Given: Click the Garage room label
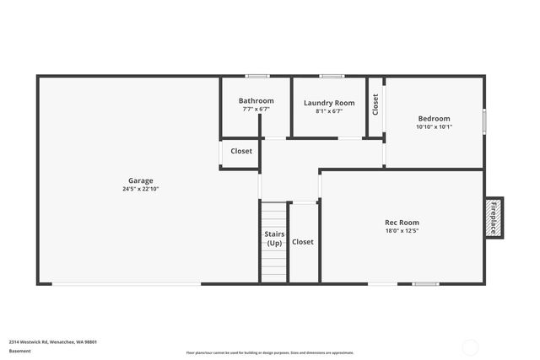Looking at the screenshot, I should (140, 180).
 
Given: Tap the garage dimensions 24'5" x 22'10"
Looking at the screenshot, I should (140, 189).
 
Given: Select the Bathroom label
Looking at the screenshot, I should (256, 100).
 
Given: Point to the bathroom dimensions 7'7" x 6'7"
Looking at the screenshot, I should (256, 109).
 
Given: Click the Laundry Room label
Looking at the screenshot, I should (329, 103).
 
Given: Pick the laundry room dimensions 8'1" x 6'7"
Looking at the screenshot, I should (329, 110).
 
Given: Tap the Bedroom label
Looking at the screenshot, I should (435, 119).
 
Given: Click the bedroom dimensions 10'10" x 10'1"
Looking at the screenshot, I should (435, 127).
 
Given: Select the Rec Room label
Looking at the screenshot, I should (402, 223).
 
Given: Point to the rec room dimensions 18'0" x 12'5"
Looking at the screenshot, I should (402, 231).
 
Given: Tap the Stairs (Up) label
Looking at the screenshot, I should (274, 239).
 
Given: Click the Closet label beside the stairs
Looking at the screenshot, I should (302, 242).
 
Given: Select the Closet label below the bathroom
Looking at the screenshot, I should (241, 152).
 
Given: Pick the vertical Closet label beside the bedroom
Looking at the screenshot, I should (375, 104).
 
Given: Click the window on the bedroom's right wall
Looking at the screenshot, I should (484, 119).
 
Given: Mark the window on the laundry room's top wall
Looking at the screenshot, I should (331, 77).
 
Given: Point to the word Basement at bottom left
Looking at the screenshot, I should (19, 351).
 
